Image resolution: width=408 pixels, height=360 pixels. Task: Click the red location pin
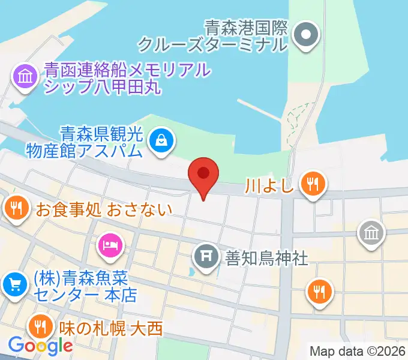pyautogui.click(x=203, y=175)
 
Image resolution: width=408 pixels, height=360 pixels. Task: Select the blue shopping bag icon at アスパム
pyautogui.click(x=161, y=141)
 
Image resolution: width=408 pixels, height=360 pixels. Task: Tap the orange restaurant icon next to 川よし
pyautogui.click(x=313, y=183)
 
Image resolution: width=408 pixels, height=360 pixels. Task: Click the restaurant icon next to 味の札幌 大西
pyautogui.click(x=40, y=328)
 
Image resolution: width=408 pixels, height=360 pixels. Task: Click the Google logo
pyautogui.click(x=40, y=346)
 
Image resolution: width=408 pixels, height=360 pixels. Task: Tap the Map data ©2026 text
pyautogui.click(x=358, y=350)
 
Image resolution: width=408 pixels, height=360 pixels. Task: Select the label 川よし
pyautogui.click(x=269, y=184)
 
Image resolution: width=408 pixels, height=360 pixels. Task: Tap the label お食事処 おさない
pyautogui.click(x=104, y=209)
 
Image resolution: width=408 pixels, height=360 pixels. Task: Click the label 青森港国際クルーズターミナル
pyautogui.click(x=214, y=35)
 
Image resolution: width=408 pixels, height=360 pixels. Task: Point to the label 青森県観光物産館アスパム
pyautogui.click(x=83, y=140)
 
